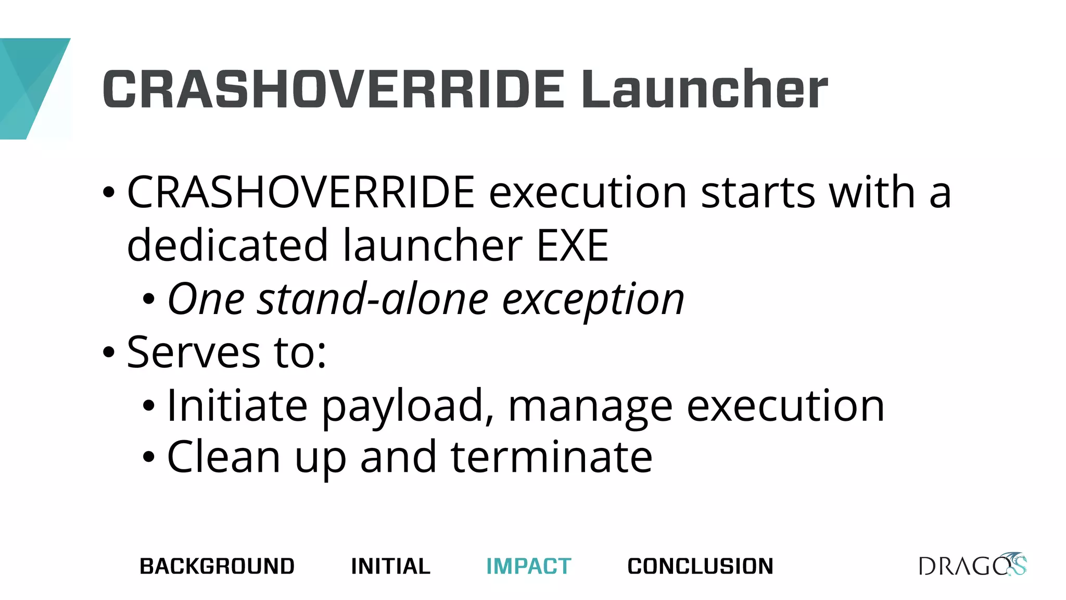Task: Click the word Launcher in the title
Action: (x=704, y=90)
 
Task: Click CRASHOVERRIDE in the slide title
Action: (x=334, y=90)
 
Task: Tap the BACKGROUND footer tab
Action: (x=217, y=566)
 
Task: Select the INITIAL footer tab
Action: (x=391, y=566)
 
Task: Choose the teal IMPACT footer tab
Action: (x=529, y=566)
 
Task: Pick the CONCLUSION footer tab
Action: (x=701, y=566)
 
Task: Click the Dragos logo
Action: (x=972, y=565)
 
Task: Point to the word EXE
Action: (x=573, y=246)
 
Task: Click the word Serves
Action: (x=193, y=353)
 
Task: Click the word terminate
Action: (x=551, y=457)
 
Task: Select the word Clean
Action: (x=224, y=457)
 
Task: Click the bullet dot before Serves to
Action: (x=108, y=353)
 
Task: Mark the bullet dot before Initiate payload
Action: (x=149, y=406)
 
